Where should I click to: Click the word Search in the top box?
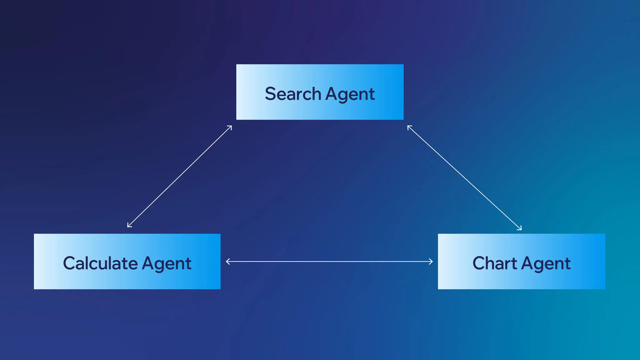(293, 94)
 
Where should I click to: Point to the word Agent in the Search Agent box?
(350, 94)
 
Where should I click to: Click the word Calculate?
(100, 263)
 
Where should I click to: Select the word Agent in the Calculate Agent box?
(167, 264)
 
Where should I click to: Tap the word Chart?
(494, 263)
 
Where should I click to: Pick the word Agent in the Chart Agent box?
(546, 264)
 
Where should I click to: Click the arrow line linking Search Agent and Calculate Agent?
(179, 177)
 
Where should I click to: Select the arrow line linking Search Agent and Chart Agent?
(464, 177)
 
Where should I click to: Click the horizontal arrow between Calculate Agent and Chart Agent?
(329, 262)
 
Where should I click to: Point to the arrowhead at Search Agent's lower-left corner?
(230, 127)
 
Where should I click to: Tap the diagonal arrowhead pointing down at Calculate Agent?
(129, 226)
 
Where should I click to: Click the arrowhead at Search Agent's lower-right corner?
(409, 127)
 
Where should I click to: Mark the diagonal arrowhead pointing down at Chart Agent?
(520, 228)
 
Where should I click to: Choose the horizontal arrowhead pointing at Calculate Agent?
(227, 262)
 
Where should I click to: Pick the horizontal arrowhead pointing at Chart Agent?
(431, 262)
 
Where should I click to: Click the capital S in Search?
(270, 94)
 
